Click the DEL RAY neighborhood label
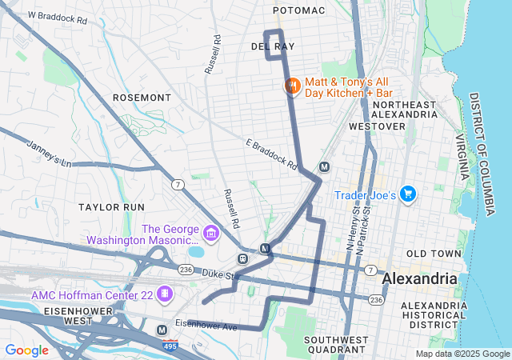268,47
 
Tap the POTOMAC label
299,10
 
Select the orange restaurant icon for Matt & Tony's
292,86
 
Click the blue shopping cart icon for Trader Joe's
408,194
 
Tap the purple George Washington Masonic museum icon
211,234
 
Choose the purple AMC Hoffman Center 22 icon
165,294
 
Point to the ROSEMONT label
142,98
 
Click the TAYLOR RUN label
110,206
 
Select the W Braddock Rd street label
57,18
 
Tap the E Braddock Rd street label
271,155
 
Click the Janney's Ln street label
49,154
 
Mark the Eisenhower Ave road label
206,326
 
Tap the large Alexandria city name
420,279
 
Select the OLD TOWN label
434,254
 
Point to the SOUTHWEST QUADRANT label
335,345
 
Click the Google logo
26,350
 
